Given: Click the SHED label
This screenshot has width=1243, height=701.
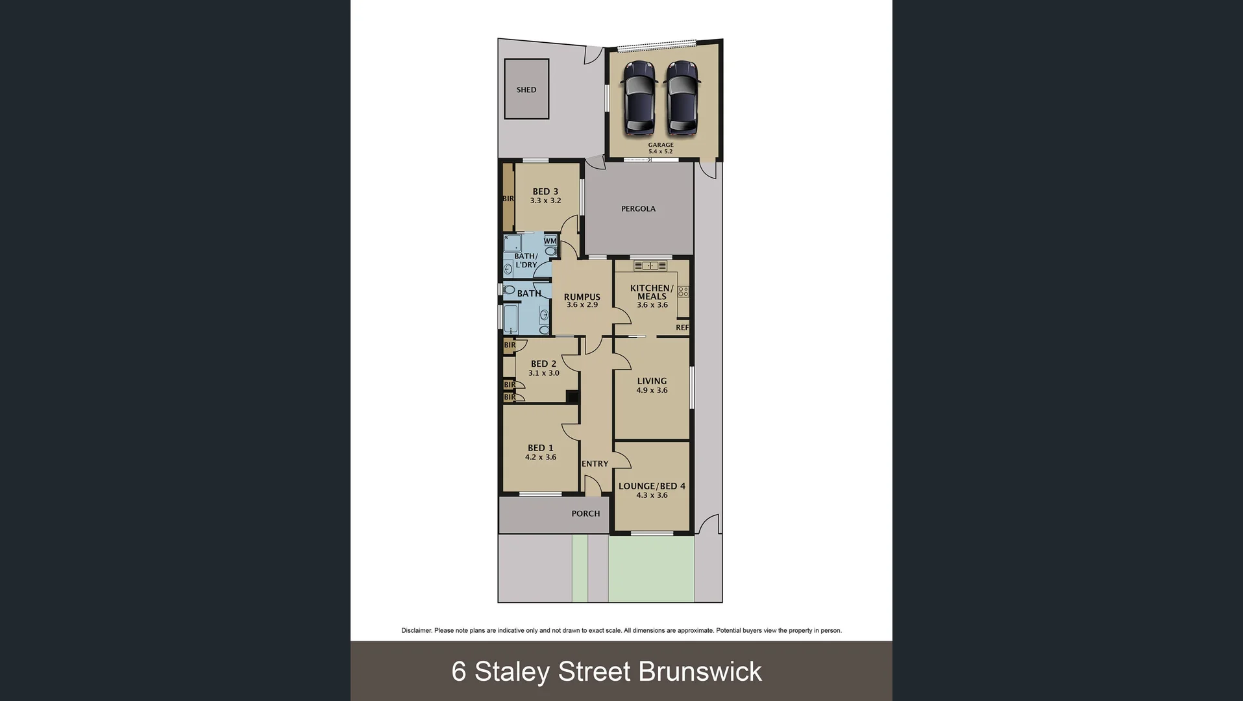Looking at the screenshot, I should coord(526,90).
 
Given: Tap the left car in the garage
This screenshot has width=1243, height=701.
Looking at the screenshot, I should coord(639,98).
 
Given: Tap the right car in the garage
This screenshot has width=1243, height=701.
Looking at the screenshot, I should coord(682,98).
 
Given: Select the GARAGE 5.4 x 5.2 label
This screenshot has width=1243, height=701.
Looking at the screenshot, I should coord(661,148).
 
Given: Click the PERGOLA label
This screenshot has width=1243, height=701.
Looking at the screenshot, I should coord(638,209).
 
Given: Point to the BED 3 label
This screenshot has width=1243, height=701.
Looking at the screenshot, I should coord(545,191).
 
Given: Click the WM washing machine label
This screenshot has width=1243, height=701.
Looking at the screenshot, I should coord(550,241).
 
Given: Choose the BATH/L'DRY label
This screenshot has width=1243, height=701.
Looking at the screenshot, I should coord(526,260).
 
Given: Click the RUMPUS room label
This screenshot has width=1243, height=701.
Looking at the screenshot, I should coord(582,297).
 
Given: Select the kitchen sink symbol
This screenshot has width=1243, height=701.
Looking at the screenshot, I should coord(650,265).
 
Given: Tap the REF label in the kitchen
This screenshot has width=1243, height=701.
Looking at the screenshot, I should coord(682,328).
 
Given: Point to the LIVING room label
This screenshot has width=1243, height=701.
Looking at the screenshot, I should coord(652,382).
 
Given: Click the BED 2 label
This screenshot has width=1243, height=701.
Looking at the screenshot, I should coord(543,364).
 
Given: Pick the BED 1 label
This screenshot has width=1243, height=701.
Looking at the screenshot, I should coord(541,448).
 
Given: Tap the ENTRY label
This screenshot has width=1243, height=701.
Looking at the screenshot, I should coord(595,464).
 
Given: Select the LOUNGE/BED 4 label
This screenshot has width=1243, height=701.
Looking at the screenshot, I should coord(652,486).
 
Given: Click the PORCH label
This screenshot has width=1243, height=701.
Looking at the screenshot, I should coord(585,513).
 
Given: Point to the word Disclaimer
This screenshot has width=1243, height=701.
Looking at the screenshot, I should coord(416,630).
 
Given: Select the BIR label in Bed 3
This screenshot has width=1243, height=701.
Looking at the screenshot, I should coord(508,199).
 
